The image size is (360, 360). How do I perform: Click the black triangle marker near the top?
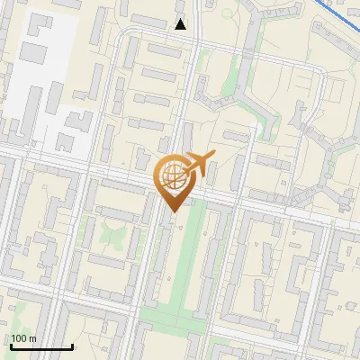coord(181,24)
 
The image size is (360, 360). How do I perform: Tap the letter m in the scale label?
coord(33,338)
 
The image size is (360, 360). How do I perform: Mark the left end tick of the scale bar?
coord(11,346)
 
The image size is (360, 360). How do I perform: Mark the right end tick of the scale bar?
coord(72,346)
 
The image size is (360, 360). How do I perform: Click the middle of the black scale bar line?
coord(41,347)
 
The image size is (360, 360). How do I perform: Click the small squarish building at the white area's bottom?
coord(65,142)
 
